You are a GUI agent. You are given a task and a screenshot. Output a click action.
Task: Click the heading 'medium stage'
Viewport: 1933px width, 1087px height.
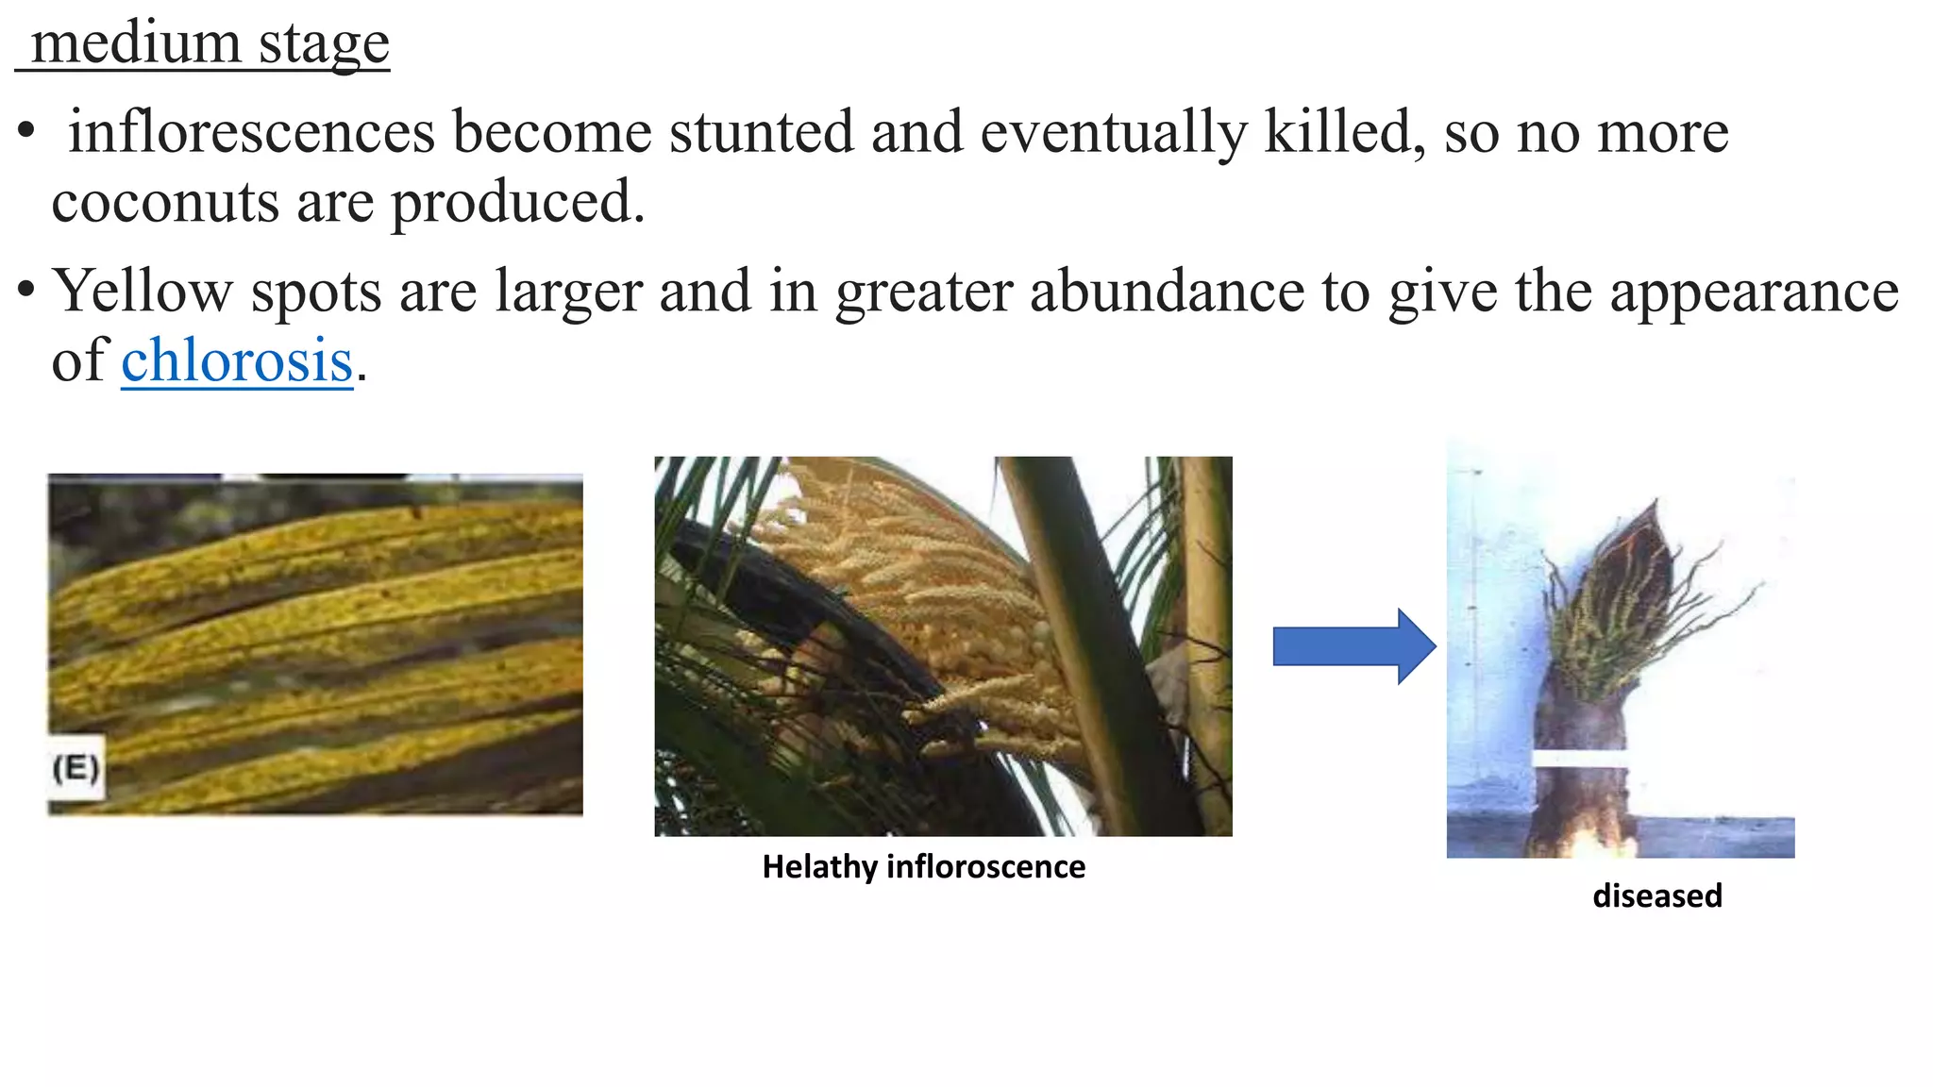click(x=210, y=43)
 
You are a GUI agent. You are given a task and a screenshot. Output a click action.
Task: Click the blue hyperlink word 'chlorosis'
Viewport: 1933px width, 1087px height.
click(x=237, y=360)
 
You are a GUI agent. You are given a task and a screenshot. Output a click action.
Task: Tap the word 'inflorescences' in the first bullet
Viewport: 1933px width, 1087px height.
click(x=252, y=132)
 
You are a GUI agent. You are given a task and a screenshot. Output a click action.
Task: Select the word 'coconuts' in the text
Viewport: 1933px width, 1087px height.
click(x=165, y=202)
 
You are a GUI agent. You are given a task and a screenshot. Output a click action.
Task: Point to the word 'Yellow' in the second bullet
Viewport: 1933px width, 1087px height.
click(x=143, y=291)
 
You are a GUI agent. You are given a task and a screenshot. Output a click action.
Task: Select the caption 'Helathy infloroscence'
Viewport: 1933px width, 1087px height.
click(x=923, y=867)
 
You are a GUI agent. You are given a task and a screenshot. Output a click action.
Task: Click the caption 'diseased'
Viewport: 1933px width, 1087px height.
click(x=1656, y=895)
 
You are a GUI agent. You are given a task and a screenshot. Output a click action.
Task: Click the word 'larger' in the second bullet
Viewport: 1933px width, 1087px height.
click(x=568, y=293)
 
